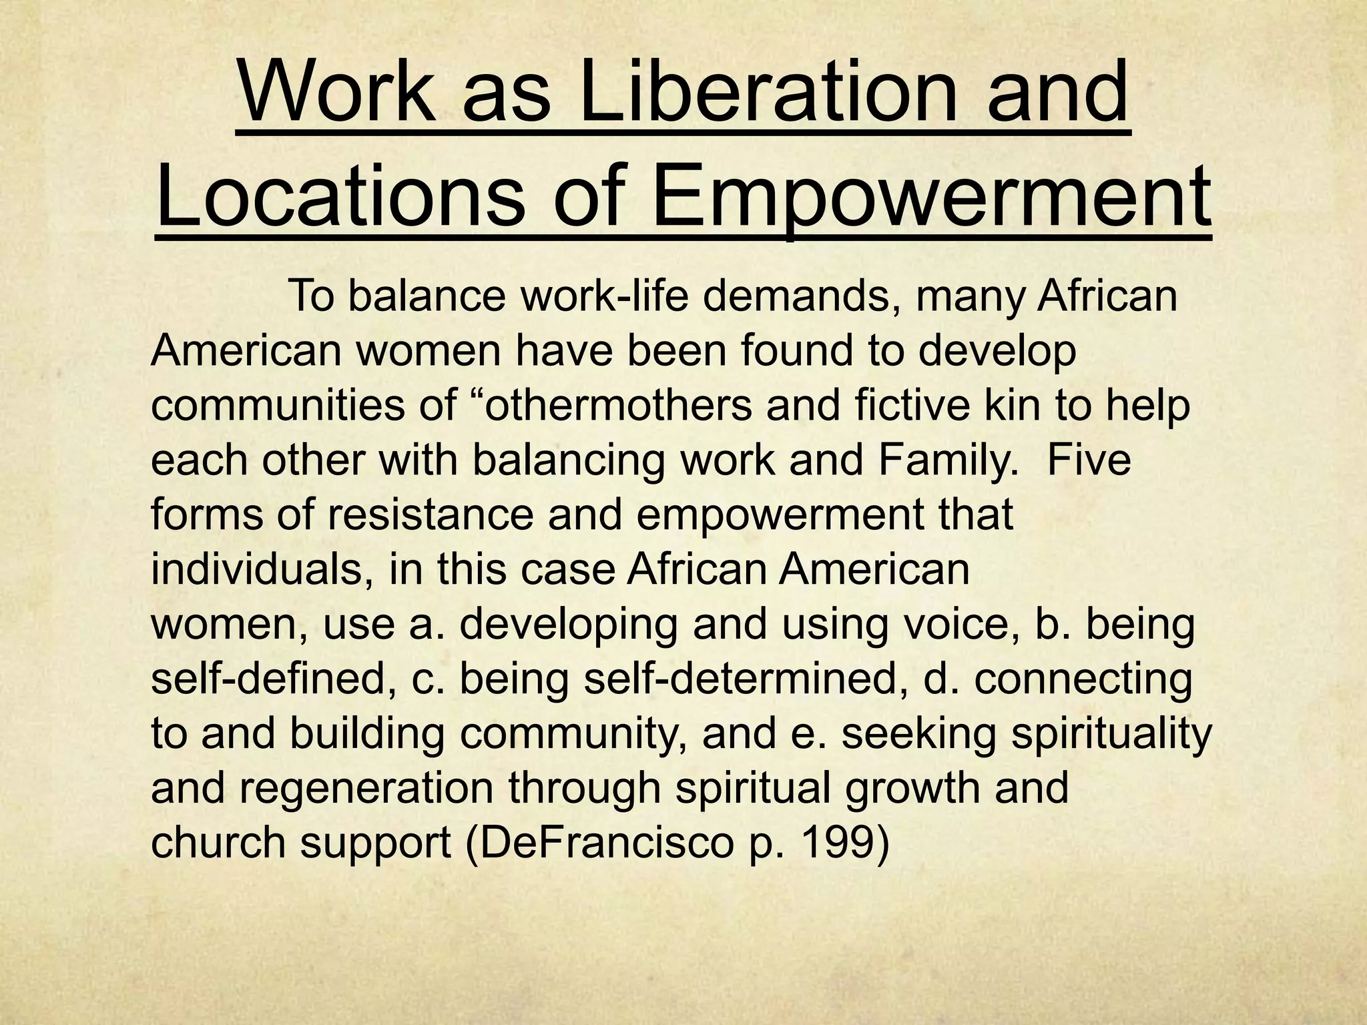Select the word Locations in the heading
coord(341,197)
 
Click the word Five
coord(1089,460)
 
